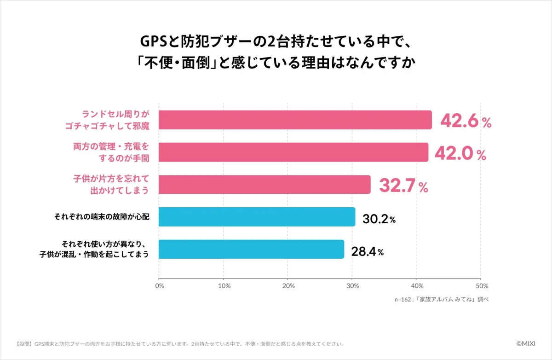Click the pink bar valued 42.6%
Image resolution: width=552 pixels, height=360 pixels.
point(295,120)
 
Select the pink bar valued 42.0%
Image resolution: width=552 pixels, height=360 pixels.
point(293,152)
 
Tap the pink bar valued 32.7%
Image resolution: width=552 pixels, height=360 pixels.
point(264,185)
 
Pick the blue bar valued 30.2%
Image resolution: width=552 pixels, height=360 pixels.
point(257,217)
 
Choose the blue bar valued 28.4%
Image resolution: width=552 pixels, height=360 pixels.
point(251,249)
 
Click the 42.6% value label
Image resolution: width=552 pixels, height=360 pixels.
point(466,121)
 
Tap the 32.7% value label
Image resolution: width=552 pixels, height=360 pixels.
point(403,186)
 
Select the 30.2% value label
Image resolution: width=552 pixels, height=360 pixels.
point(379,219)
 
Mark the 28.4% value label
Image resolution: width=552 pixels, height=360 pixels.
point(367,251)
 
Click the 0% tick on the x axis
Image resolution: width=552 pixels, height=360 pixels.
point(160,286)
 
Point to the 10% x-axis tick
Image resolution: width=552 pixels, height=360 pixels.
point(224,286)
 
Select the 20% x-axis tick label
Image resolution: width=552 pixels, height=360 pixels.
point(288,286)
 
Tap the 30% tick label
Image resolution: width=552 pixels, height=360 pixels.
point(353,286)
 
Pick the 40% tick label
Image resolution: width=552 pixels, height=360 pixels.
point(417,286)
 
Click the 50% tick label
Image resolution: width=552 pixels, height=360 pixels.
point(482,286)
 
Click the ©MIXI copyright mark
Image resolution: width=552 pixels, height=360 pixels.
point(526,343)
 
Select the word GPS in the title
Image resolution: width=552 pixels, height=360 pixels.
point(154,42)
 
